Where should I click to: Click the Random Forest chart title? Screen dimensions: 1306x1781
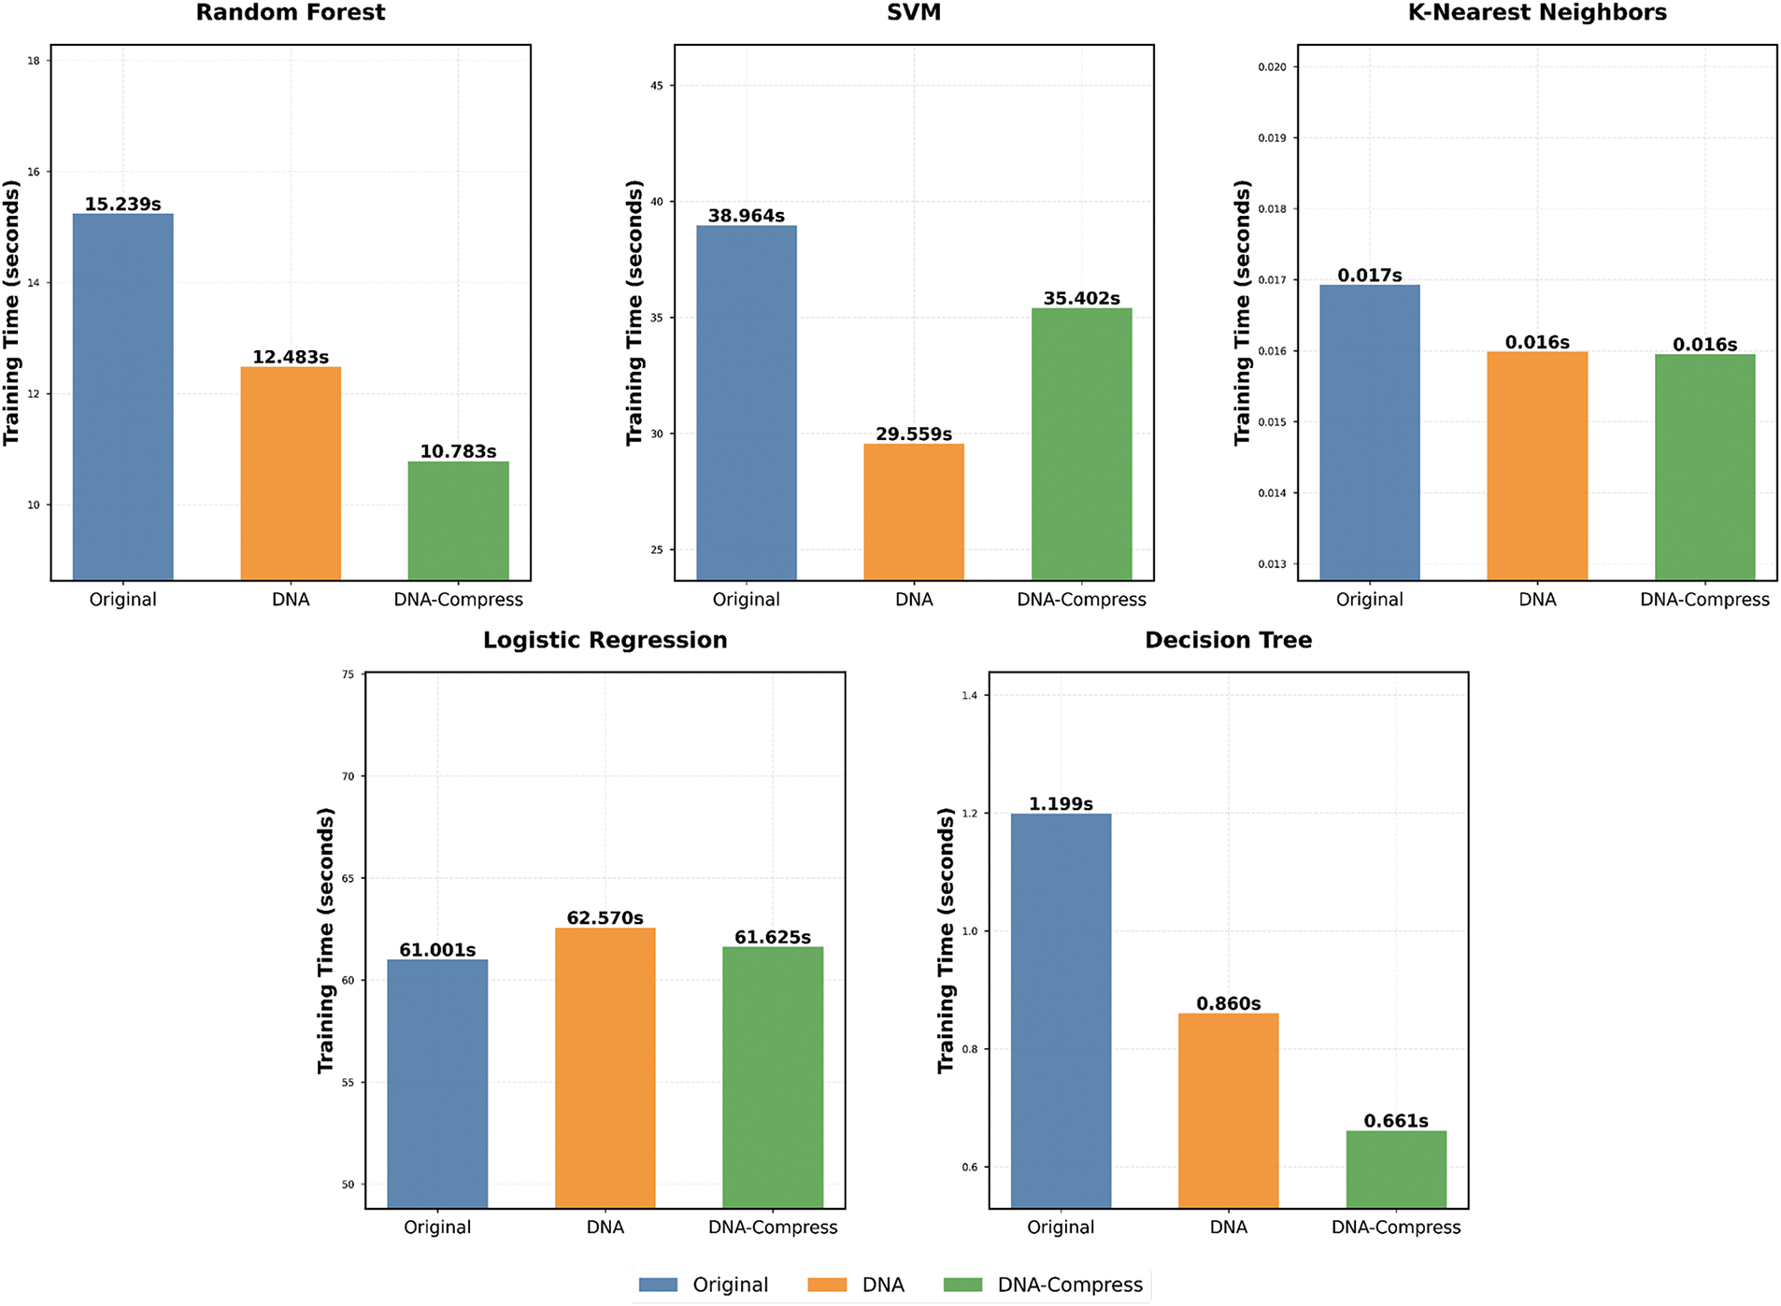tap(290, 13)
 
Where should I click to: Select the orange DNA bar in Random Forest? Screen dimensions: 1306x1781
tap(291, 473)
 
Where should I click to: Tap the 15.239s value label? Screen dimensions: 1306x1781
tap(122, 205)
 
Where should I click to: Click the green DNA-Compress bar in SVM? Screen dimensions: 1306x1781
tap(1081, 444)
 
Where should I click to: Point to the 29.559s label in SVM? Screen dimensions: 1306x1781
tap(913, 434)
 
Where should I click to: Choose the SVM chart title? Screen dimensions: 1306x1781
tap(913, 13)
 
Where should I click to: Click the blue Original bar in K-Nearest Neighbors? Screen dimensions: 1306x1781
tap(1369, 432)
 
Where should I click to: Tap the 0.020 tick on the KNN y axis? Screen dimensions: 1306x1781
tap(1272, 67)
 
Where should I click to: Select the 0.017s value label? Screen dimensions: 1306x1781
tap(1369, 276)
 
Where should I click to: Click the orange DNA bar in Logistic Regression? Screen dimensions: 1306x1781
tap(605, 1067)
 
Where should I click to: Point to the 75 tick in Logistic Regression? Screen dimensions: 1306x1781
tap(349, 674)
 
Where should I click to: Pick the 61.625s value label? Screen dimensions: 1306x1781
tap(772, 937)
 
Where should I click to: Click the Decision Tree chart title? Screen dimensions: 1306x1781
tap(1228, 641)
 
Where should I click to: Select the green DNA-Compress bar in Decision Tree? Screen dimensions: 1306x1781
tap(1395, 1169)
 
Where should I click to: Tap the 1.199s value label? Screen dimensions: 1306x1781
tap(1061, 804)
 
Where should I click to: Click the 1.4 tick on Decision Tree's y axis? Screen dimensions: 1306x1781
tap(969, 696)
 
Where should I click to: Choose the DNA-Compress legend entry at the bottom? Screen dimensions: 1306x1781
tap(1069, 1285)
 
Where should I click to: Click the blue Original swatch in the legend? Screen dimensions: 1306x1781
tap(658, 1285)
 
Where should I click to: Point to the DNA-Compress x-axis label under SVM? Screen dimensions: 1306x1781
tap(1081, 600)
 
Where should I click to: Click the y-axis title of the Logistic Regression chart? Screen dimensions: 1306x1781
tap(325, 940)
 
